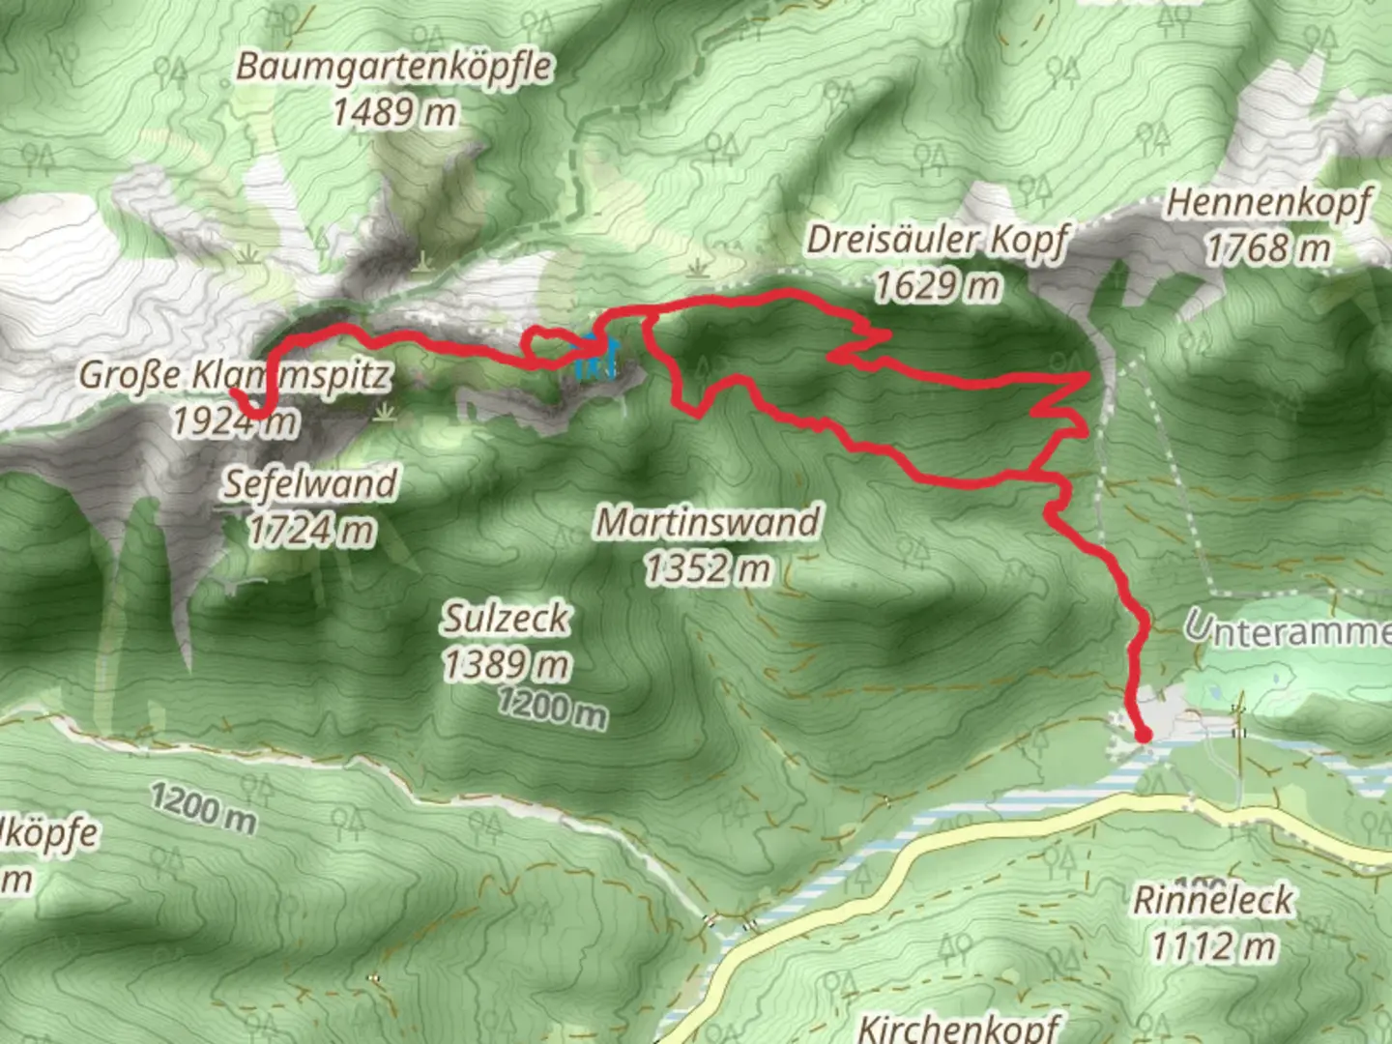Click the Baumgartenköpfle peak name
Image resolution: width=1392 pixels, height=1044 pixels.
pos(394,68)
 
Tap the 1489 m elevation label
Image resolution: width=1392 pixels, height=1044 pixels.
pos(394,113)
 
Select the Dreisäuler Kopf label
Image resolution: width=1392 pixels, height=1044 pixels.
pos(938,240)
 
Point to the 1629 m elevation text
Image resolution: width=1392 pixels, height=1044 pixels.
pos(936,286)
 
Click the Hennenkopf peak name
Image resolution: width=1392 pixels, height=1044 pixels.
pos(1268,204)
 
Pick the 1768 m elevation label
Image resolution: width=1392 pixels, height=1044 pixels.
pos(1268,249)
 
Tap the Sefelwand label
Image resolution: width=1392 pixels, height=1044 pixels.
pos(311,483)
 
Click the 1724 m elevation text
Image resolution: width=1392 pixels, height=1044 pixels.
pos(311,530)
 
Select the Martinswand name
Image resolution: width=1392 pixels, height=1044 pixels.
pos(709,523)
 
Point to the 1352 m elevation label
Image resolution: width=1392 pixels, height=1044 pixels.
pos(709,568)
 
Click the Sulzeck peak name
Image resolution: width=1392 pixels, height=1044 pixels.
pos(507,619)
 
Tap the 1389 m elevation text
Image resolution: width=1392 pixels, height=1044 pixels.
pos(507,665)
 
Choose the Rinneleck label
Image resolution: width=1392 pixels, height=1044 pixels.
pos(1212,900)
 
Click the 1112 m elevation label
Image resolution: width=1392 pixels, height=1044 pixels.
pos(1212,945)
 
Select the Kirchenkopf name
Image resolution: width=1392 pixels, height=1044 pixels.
pos(958,1027)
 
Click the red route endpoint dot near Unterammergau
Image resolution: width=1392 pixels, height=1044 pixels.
pos(1143,736)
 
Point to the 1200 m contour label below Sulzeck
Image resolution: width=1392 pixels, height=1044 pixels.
pos(552,710)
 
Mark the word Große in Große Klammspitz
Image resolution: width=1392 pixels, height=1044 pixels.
pos(130,375)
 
